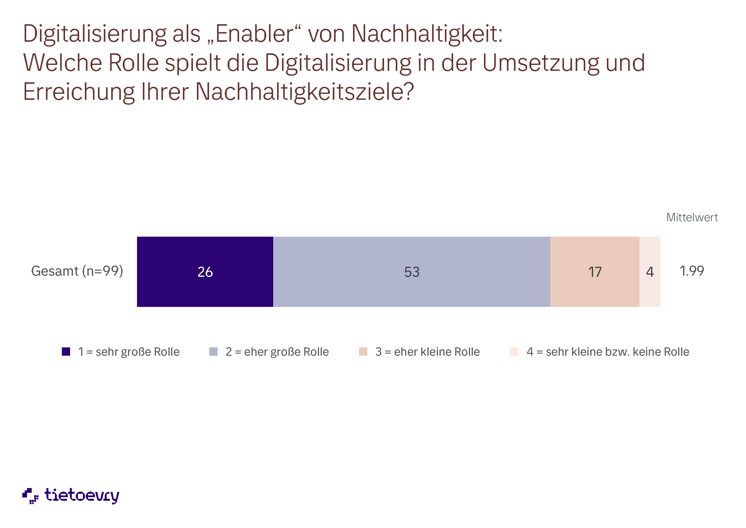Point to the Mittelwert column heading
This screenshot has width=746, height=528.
click(x=692, y=217)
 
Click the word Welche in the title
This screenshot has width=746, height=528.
click(x=62, y=63)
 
